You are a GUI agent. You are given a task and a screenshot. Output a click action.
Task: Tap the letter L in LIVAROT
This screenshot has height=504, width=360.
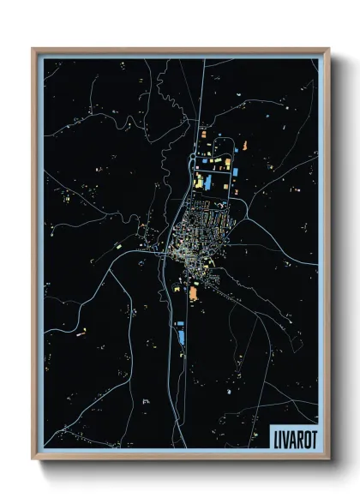(276, 436)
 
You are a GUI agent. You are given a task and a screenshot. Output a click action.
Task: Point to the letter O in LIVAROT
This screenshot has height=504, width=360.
(303, 436)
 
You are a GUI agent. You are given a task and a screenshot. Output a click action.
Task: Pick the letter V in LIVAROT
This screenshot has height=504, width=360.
(285, 436)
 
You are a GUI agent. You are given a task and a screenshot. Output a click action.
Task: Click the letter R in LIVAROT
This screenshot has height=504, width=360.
(297, 436)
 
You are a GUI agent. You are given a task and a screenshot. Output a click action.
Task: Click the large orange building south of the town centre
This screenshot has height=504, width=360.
(193, 294)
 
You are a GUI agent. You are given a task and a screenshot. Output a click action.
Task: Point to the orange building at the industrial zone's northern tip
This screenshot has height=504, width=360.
(204, 135)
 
